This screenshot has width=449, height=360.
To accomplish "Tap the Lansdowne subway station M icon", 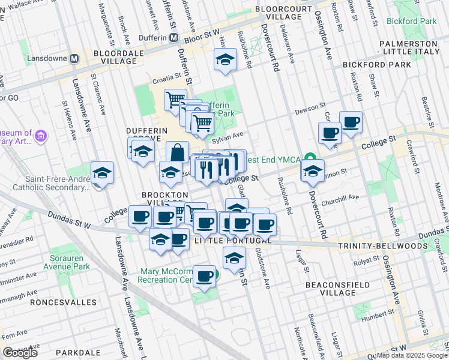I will coord(75,59).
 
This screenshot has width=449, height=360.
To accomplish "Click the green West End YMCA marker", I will coord(311,158).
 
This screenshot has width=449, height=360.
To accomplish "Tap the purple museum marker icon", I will coord(40,136).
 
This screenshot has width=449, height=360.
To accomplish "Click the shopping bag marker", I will coord(178,152).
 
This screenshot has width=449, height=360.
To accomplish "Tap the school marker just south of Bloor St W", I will coord(225,59).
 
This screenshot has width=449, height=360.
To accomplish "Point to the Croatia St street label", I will coord(166,77).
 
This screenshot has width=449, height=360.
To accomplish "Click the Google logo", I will coord(20,353).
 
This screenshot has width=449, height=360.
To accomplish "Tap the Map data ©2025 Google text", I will coord(412,355).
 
